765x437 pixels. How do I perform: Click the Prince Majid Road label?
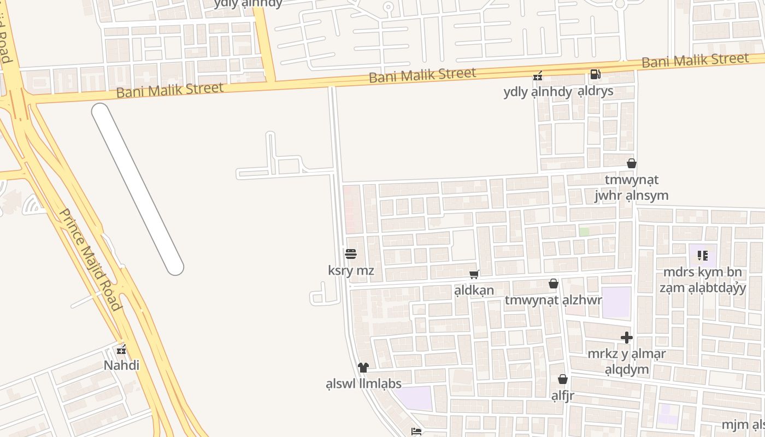(90, 259)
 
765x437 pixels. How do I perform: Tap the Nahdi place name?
(122, 365)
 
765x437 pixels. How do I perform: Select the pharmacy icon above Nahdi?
(122, 350)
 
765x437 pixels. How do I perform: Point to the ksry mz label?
(351, 270)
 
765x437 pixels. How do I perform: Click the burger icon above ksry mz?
(351, 254)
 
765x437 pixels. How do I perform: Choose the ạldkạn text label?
(474, 290)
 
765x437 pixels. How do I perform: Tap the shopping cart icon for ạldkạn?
(474, 275)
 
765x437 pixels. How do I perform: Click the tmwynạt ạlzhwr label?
(553, 300)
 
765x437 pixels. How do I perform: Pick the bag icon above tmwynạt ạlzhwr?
(553, 284)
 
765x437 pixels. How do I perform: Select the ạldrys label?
(596, 91)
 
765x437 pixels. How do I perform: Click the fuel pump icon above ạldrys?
(595, 74)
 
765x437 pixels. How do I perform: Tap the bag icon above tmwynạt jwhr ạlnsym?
(632, 163)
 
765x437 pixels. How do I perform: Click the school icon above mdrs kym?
(703, 255)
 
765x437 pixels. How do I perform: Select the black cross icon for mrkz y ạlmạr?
(627, 338)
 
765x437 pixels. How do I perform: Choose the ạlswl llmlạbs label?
(363, 383)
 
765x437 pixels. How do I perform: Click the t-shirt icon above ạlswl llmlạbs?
(363, 367)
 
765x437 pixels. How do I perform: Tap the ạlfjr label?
(562, 395)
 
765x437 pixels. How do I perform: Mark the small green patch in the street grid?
(584, 232)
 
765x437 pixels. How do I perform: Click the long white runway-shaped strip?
(137, 189)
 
